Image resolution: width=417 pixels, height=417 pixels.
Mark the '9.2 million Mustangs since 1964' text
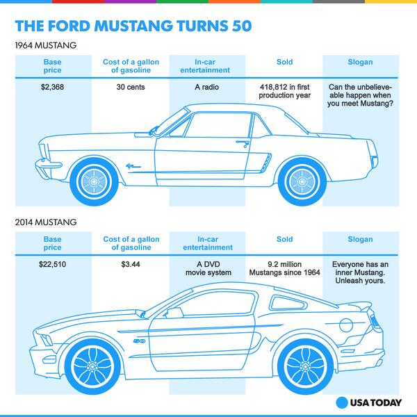tap(285, 270)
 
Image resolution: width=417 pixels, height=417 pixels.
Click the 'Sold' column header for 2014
tap(285, 239)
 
